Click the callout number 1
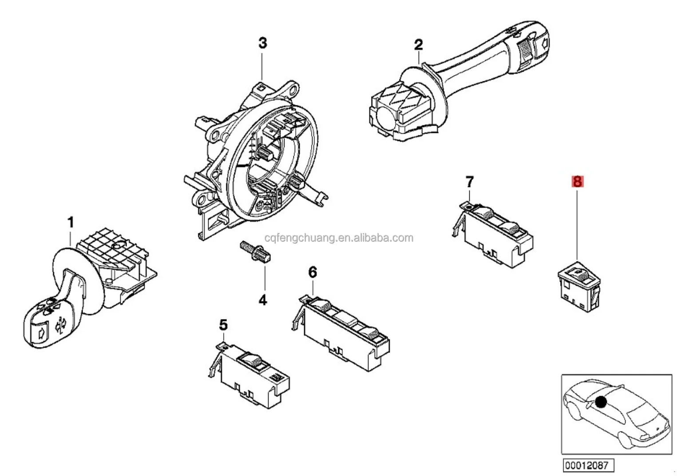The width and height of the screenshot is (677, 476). [x=70, y=222]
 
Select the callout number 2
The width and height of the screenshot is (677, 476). [x=418, y=44]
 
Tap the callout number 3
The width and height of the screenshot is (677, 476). [x=263, y=43]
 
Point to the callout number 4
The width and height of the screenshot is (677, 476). [x=263, y=300]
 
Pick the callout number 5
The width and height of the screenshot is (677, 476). [x=223, y=325]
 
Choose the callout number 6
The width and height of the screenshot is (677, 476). [x=313, y=272]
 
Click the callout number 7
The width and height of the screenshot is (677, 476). [x=469, y=181]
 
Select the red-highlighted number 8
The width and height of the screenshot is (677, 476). [x=577, y=181]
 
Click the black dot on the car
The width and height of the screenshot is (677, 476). [x=601, y=402]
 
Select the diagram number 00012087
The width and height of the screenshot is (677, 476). [x=589, y=465]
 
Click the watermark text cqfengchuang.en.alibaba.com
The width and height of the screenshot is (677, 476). [x=338, y=238]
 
